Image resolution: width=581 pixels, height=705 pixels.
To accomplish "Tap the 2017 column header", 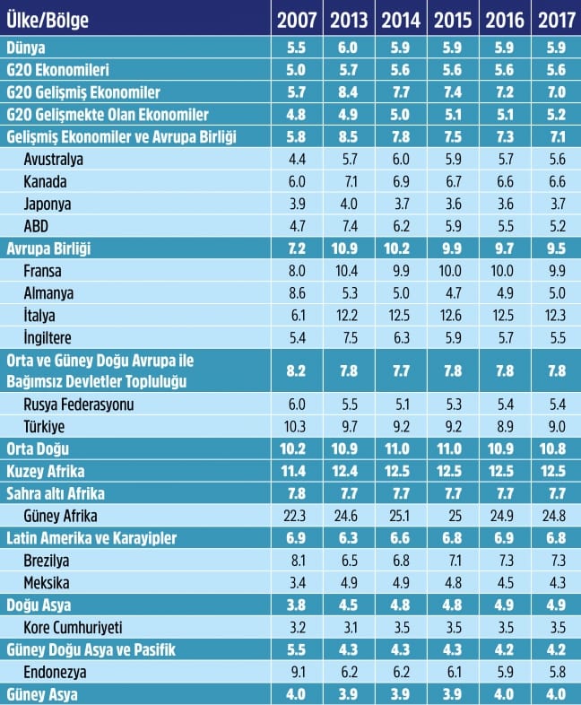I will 554,19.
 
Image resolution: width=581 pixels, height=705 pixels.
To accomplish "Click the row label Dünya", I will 24,48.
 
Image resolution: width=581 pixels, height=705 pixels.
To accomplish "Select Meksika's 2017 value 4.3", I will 554,581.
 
